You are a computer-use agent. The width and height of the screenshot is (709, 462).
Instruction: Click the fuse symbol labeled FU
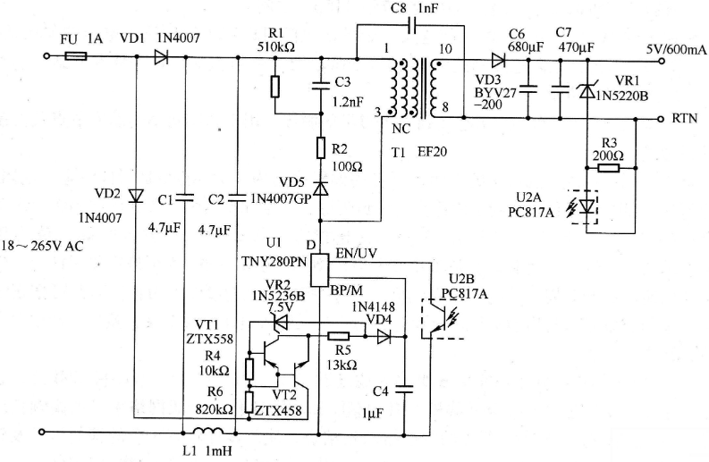click(76, 56)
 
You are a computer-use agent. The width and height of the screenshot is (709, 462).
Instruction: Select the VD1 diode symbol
click(161, 57)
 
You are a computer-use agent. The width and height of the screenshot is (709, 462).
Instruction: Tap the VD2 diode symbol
click(135, 196)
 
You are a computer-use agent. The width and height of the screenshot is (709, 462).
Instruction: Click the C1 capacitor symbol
click(184, 197)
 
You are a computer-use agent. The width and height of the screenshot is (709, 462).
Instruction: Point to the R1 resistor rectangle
click(274, 87)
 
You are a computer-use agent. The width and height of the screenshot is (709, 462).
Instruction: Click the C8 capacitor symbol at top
click(411, 26)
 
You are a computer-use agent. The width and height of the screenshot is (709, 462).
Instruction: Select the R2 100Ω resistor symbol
click(321, 147)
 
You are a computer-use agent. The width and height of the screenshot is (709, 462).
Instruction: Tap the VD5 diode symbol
click(321, 188)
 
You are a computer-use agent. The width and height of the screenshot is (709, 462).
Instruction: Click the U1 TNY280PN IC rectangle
click(320, 270)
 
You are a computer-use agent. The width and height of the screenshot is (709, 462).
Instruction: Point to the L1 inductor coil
click(208, 431)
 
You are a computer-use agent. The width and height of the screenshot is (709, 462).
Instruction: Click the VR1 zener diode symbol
click(587, 90)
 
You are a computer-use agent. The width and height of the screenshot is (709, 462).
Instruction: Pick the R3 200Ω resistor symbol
click(609, 168)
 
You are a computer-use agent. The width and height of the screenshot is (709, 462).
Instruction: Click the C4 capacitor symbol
click(404, 390)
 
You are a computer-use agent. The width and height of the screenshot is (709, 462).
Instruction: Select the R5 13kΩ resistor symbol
click(338, 336)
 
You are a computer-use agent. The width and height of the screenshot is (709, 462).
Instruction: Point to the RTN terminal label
click(685, 119)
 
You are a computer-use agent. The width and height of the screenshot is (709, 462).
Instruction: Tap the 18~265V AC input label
click(43, 247)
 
